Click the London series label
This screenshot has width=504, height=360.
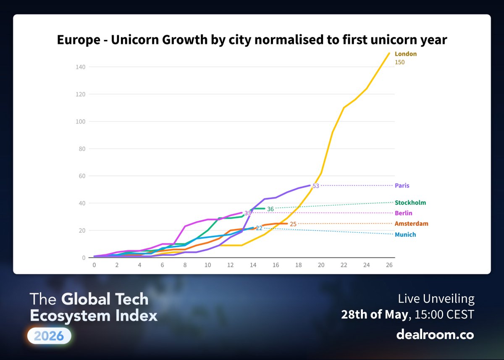[406, 54]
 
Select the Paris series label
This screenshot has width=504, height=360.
[402, 186]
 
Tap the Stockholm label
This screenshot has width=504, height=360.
[410, 203]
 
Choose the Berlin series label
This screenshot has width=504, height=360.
[404, 213]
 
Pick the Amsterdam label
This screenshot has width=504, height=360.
[412, 223]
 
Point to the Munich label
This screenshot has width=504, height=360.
[405, 235]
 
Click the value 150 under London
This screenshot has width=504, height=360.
[399, 62]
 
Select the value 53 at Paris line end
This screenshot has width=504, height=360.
[316, 186]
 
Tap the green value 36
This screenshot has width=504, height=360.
[270, 209]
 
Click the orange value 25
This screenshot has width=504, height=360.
[293, 224]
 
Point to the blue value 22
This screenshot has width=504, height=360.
[259, 229]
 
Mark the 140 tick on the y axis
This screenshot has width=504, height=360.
[81, 67]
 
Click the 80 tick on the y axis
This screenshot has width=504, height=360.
[82, 149]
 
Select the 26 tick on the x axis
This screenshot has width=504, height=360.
[389, 265]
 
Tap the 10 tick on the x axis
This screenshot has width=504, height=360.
[207, 265]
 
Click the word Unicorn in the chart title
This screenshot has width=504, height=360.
[135, 40]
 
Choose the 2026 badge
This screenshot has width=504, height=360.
[49, 336]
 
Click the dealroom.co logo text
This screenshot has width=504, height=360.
[435, 334]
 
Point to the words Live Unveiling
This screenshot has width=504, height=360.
[436, 299]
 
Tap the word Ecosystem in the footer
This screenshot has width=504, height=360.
[70, 316]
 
